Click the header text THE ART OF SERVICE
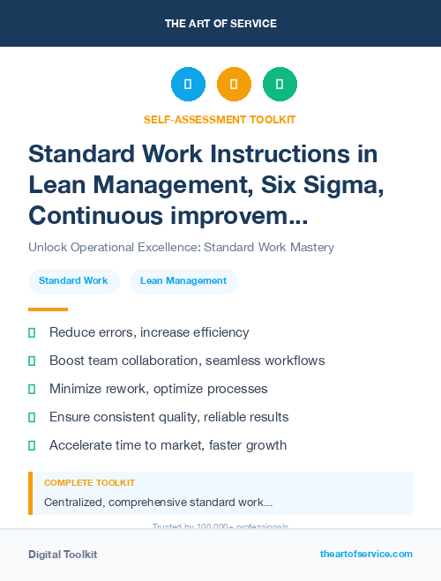click(x=220, y=23)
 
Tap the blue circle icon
click(x=188, y=85)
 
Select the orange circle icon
click(x=234, y=85)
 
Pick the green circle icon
click(x=280, y=85)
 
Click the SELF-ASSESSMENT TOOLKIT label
click(x=220, y=119)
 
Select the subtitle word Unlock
click(x=47, y=248)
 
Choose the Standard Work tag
click(x=73, y=281)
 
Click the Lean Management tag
click(x=183, y=281)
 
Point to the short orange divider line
click(x=48, y=309)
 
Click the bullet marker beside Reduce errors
click(x=32, y=332)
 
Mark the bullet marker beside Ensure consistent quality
click(x=32, y=417)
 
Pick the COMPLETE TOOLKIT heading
click(x=89, y=483)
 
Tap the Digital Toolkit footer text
click(x=63, y=555)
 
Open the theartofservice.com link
click(x=366, y=555)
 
